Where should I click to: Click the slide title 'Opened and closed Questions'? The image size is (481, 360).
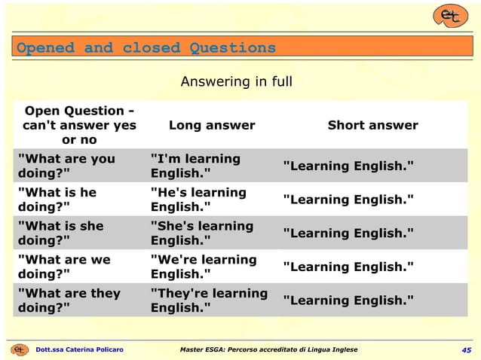[146, 48]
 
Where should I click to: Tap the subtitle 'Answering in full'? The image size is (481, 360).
[236, 81]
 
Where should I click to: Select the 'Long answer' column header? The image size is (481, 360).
[212, 125]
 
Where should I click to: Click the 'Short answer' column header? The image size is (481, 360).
[372, 125]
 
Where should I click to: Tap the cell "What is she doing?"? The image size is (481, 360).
[60, 233]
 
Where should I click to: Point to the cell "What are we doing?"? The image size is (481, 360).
[63, 267]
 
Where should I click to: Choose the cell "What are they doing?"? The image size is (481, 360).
[69, 301]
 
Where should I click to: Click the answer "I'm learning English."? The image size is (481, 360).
[195, 166]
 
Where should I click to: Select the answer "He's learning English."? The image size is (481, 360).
[198, 200]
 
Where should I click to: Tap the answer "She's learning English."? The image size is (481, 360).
[202, 233]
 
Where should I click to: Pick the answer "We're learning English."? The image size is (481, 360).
[204, 267]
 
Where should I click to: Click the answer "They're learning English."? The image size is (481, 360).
[209, 301]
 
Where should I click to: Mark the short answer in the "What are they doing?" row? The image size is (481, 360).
[348, 301]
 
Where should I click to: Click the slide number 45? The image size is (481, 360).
[467, 350]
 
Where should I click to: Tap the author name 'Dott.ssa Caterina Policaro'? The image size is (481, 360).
[79, 350]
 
